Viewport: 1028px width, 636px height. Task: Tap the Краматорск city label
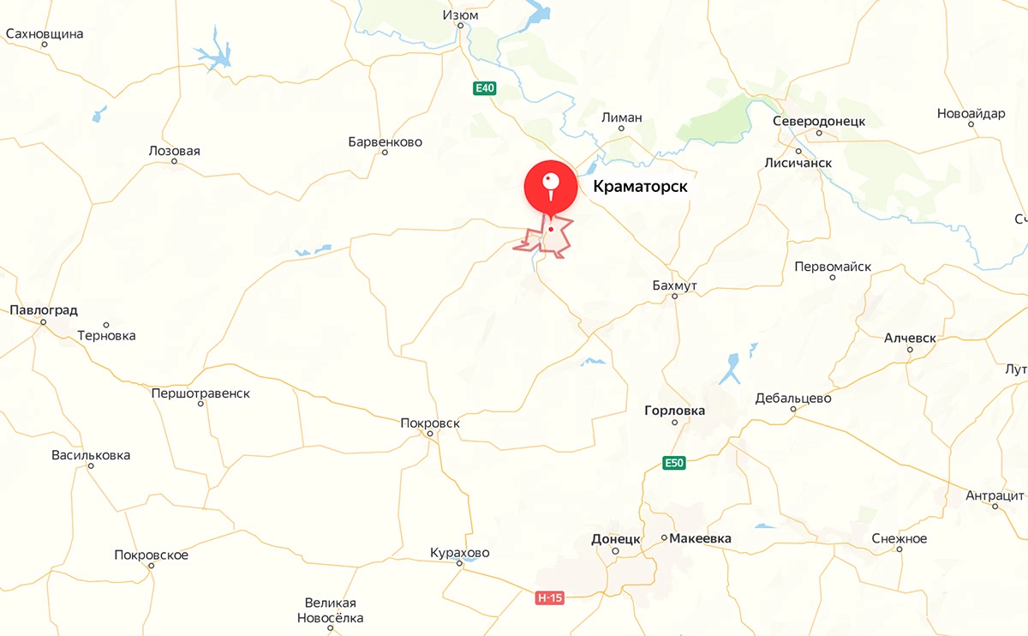click(x=640, y=186)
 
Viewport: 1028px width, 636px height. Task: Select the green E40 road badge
click(x=485, y=88)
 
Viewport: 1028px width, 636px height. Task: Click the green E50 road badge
click(x=675, y=464)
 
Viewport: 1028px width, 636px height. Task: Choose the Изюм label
click(x=460, y=15)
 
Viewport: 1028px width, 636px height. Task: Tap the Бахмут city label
click(x=674, y=284)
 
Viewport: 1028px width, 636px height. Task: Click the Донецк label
click(x=616, y=539)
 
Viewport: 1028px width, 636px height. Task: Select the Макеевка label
click(x=701, y=538)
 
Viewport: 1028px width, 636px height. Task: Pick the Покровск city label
click(x=430, y=423)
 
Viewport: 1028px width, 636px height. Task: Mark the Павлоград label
click(x=44, y=309)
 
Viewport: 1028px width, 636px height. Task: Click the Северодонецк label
click(x=819, y=122)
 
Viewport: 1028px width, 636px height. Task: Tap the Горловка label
click(x=674, y=411)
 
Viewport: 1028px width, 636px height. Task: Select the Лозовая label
click(x=174, y=151)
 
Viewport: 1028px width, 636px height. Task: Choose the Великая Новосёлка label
click(x=330, y=610)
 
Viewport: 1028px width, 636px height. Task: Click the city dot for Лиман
click(x=622, y=129)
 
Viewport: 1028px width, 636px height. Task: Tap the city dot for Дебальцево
click(x=793, y=410)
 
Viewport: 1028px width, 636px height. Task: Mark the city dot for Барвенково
click(x=385, y=153)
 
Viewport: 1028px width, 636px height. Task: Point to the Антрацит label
click(x=995, y=495)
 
